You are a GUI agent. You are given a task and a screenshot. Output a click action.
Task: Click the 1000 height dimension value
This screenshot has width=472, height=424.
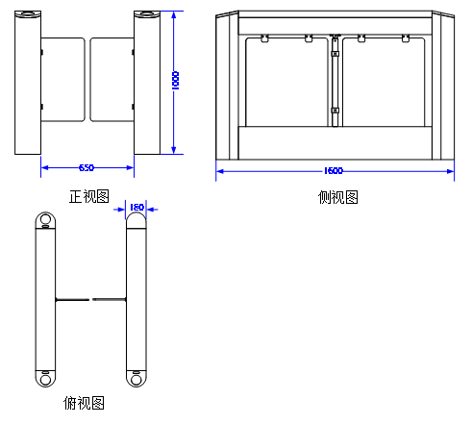tap(176, 81)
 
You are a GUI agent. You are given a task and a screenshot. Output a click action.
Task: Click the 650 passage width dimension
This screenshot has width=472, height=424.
tap(87, 167)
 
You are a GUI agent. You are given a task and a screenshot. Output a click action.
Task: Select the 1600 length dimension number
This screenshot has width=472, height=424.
tap(334, 171)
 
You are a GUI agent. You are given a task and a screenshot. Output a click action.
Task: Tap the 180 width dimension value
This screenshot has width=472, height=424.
tap(137, 208)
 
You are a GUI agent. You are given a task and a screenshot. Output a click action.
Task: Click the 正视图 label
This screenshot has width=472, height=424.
tap(89, 196)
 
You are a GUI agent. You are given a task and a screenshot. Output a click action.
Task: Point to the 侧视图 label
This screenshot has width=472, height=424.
tap(338, 197)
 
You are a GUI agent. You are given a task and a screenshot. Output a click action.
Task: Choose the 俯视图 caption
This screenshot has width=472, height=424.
tap(84, 403)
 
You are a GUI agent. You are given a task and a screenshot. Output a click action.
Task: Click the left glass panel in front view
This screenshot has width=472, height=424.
tap(63, 80)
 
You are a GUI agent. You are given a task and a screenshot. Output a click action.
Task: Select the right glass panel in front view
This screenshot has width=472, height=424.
tap(112, 80)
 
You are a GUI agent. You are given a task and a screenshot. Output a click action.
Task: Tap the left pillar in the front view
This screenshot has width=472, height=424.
tap(28, 83)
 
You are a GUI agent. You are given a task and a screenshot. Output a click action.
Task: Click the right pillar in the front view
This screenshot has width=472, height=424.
tap(147, 83)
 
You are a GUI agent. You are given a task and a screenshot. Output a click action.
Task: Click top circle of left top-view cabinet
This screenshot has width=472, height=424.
tap(45, 219)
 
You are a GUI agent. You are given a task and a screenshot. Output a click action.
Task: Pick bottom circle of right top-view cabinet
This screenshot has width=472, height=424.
tap(137, 380)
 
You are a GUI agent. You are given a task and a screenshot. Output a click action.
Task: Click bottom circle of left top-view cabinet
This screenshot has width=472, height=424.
tap(45, 380)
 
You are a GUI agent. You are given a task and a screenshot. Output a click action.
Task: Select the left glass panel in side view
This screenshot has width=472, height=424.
tap(287, 82)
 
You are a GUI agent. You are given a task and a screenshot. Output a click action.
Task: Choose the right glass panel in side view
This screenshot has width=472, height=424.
tap(384, 82)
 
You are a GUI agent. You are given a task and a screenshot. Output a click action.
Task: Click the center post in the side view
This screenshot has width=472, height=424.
tap(335, 80)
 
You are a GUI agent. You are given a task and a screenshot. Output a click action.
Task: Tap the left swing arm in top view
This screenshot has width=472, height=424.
tap(72, 300)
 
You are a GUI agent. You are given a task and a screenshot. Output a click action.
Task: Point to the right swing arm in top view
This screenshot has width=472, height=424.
tap(110, 300)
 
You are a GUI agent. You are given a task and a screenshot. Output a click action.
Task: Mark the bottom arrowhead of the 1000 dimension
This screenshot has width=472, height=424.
tap(174, 150)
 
